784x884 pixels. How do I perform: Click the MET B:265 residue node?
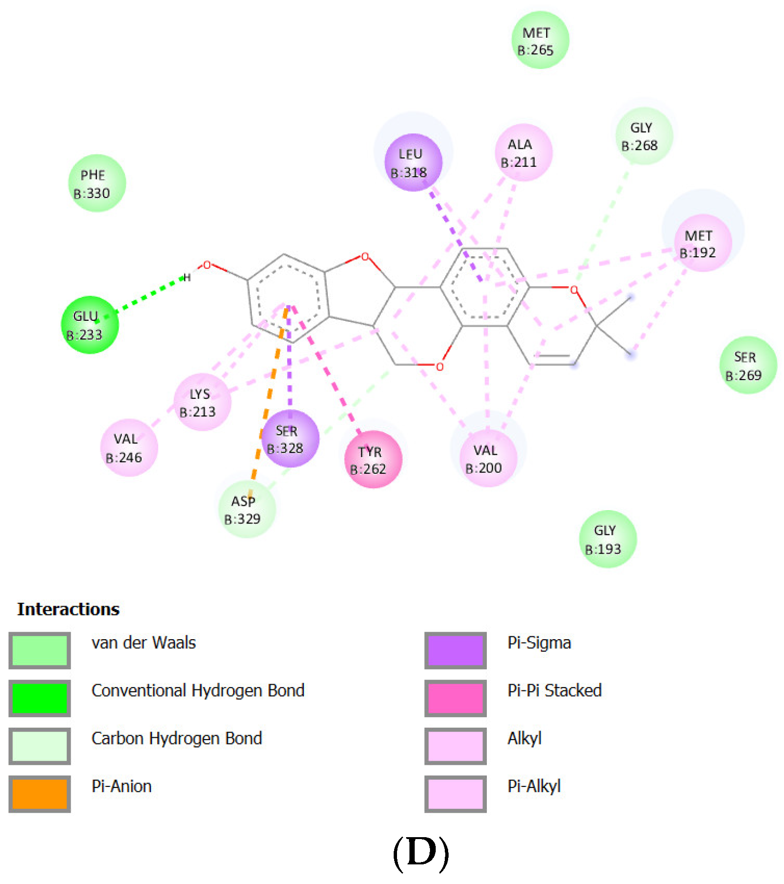(540, 40)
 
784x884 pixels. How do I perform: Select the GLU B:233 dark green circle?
(89, 325)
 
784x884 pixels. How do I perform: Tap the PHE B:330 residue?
(97, 183)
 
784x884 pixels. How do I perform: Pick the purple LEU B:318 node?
(413, 163)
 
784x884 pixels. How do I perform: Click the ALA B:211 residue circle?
(523, 153)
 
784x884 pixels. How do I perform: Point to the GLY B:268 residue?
(644, 136)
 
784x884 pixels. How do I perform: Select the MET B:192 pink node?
(702, 243)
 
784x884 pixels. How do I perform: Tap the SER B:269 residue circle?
(748, 365)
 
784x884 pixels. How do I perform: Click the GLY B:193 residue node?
(607, 539)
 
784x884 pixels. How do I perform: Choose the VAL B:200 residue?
(488, 458)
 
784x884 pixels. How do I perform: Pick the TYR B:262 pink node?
(373, 459)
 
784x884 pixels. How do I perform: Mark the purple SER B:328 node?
(290, 438)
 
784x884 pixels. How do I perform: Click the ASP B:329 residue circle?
(247, 510)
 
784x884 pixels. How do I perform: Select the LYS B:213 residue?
(202, 402)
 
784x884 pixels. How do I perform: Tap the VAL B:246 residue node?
(129, 447)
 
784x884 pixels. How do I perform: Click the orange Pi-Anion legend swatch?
(40, 794)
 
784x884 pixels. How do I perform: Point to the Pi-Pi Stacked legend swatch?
(455, 698)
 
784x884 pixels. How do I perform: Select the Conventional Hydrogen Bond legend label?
(198, 691)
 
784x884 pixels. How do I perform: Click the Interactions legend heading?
(68, 609)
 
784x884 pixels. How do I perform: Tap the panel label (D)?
(420, 852)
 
